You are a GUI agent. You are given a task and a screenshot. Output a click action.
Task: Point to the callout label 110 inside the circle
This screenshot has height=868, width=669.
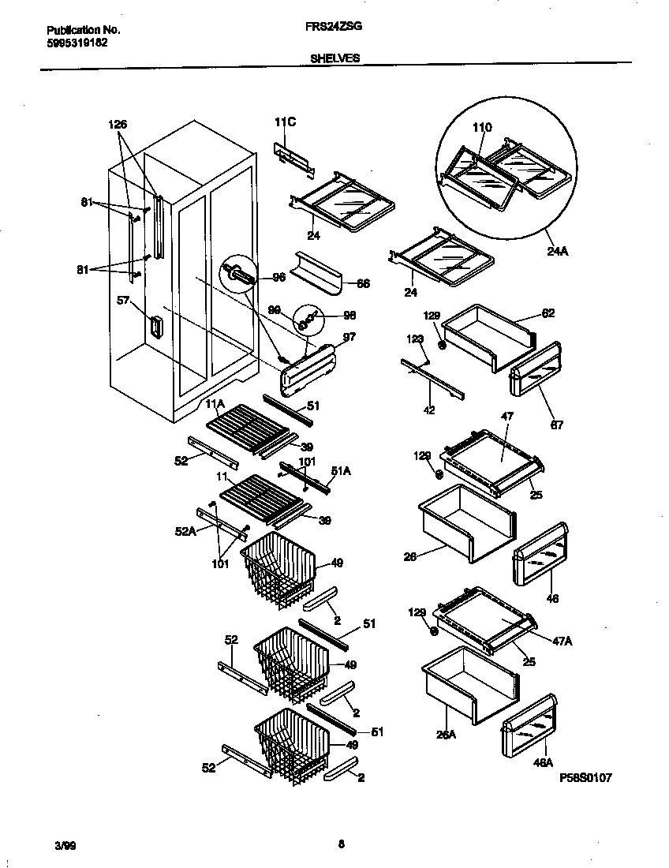pos(481,127)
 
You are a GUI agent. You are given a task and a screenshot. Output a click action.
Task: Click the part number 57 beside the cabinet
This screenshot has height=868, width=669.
pos(123,301)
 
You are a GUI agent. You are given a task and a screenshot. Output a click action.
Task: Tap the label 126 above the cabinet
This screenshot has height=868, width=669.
pos(117,124)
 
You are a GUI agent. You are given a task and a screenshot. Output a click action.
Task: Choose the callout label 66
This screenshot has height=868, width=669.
pos(363,282)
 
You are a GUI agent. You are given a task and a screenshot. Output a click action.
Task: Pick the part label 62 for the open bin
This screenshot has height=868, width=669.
pos(548,313)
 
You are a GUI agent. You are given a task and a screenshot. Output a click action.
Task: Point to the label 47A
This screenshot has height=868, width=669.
pos(562,641)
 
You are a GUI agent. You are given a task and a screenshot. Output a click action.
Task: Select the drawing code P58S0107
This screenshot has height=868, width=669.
pos(585,777)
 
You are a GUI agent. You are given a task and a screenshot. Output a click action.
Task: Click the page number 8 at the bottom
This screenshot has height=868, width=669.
pos(341,844)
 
